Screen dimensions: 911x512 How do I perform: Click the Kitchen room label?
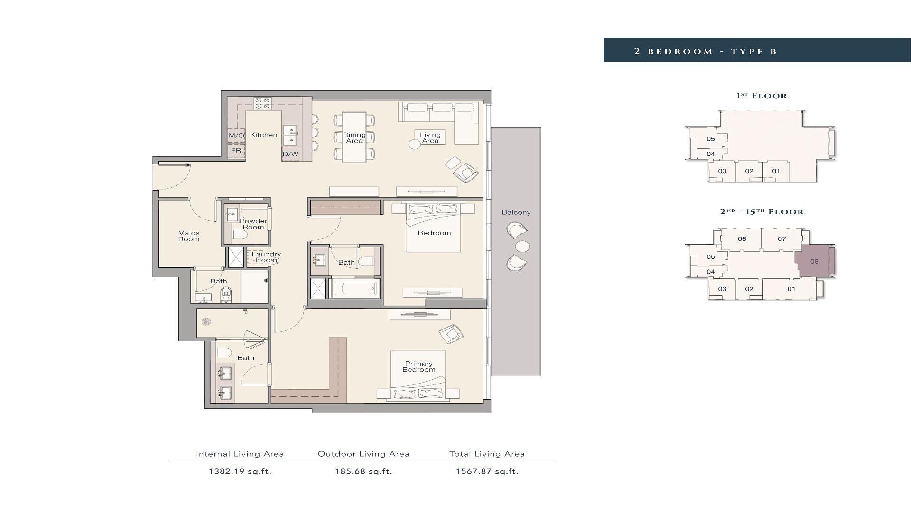tap(263, 135)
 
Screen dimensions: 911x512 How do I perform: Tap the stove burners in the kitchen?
tap(262, 103)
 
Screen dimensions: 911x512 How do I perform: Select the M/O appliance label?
tap(236, 136)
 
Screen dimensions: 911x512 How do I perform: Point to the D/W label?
tap(291, 154)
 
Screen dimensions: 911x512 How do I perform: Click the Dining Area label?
tap(354, 138)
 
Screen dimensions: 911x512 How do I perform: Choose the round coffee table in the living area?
tap(415, 145)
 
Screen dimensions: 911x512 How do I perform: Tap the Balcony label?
tap(516, 212)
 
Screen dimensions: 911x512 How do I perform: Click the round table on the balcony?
tap(522, 247)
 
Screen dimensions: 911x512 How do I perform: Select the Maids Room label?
tap(189, 236)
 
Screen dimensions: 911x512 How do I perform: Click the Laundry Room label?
tap(266, 257)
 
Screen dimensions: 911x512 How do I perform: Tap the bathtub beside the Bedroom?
tap(355, 288)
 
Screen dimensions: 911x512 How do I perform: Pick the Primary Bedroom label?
tap(419, 367)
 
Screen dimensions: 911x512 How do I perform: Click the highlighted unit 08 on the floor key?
tap(815, 261)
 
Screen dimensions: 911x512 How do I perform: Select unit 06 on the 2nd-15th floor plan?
tap(742, 239)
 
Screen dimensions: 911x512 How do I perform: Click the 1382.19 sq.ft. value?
tap(240, 471)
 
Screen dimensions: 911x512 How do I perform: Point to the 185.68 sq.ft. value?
tap(364, 471)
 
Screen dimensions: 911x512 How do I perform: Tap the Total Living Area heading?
tap(487, 454)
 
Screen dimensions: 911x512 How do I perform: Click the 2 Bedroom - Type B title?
tap(706, 51)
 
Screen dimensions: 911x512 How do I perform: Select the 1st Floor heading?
tap(762, 96)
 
